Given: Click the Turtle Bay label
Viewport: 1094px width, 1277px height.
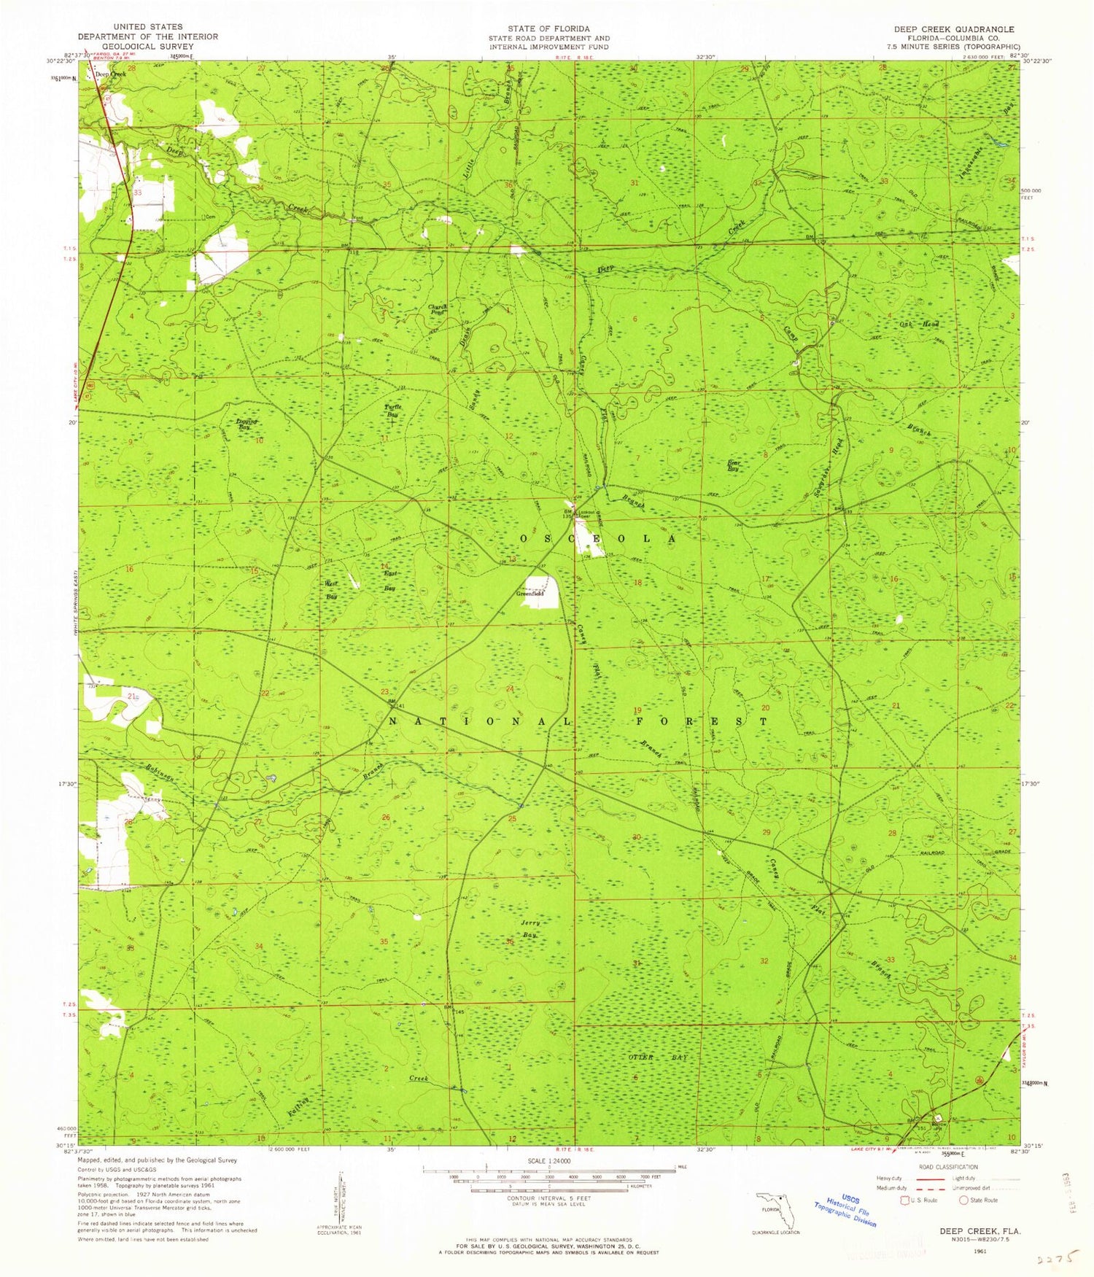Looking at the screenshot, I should click(392, 410).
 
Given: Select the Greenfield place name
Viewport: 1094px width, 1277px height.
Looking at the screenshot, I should click(530, 594).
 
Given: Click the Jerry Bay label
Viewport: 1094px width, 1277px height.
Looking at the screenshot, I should click(530, 928).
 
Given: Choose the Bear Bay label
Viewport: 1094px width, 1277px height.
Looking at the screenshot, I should click(734, 466).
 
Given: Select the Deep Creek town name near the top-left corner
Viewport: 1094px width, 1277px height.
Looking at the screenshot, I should click(111, 74).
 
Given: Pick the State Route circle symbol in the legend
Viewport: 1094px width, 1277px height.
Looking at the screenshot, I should click(963, 1200).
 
